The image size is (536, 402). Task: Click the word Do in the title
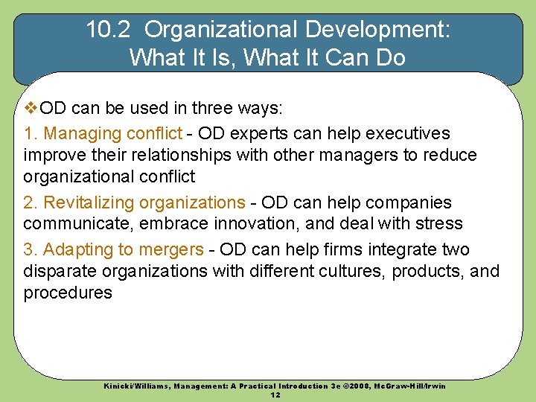pos(391,57)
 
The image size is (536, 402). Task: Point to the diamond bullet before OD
pos(31,109)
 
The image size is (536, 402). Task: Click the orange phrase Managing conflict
pos(112,133)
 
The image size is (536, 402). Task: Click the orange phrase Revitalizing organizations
pos(144,202)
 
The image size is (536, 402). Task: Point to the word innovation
pos(259,223)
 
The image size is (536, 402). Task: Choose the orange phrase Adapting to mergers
pos(124,249)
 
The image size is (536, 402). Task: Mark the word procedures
pos(68,293)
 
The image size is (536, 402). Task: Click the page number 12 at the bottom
pos(275,395)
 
